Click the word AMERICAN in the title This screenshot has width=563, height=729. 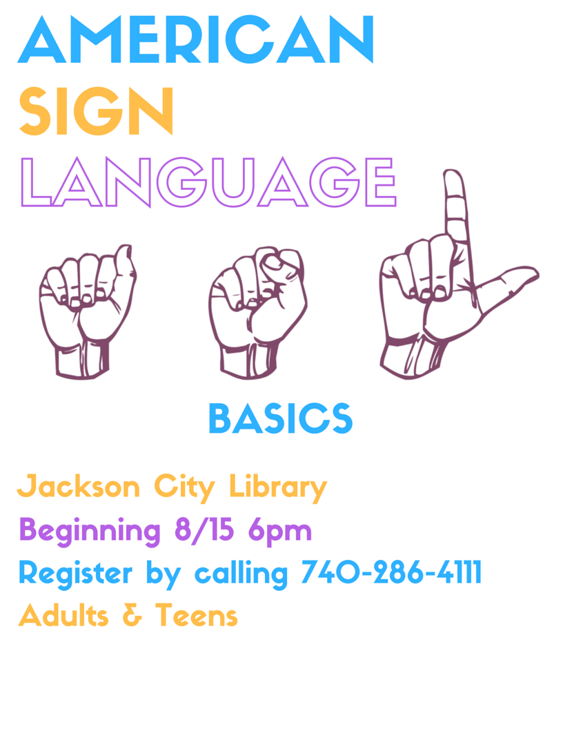(x=195, y=39)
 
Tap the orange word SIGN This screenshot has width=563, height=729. (x=96, y=111)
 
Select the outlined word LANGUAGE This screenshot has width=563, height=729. (x=208, y=182)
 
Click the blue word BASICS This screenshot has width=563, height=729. (x=281, y=418)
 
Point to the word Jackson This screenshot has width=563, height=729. (x=79, y=486)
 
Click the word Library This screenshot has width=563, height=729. (x=278, y=488)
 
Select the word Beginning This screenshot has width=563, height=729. (x=90, y=531)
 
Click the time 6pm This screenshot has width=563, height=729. (x=279, y=532)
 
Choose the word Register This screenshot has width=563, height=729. (x=75, y=574)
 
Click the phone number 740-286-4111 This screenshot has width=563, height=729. (x=391, y=572)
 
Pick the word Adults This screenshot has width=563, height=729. (x=63, y=615)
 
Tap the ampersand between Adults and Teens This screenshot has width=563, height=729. (x=132, y=615)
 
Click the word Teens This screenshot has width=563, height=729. (x=197, y=615)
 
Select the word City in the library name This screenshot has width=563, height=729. (x=184, y=488)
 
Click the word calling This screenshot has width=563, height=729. (x=241, y=574)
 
